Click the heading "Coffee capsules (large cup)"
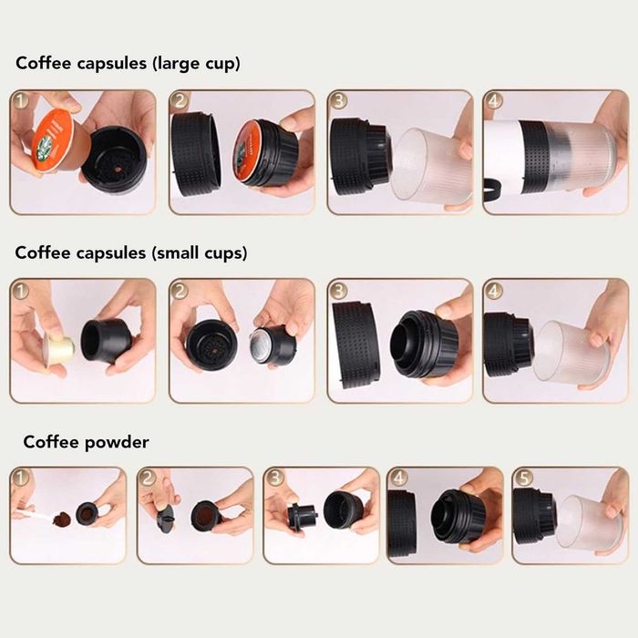[128, 64]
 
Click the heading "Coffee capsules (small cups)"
[131, 252]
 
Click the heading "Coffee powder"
[86, 442]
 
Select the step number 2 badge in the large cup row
[180, 100]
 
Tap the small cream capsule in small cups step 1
[58, 350]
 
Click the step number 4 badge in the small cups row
[493, 290]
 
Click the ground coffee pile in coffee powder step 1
[61, 520]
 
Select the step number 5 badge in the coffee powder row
[521, 478]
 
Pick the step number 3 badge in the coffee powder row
[273, 478]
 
